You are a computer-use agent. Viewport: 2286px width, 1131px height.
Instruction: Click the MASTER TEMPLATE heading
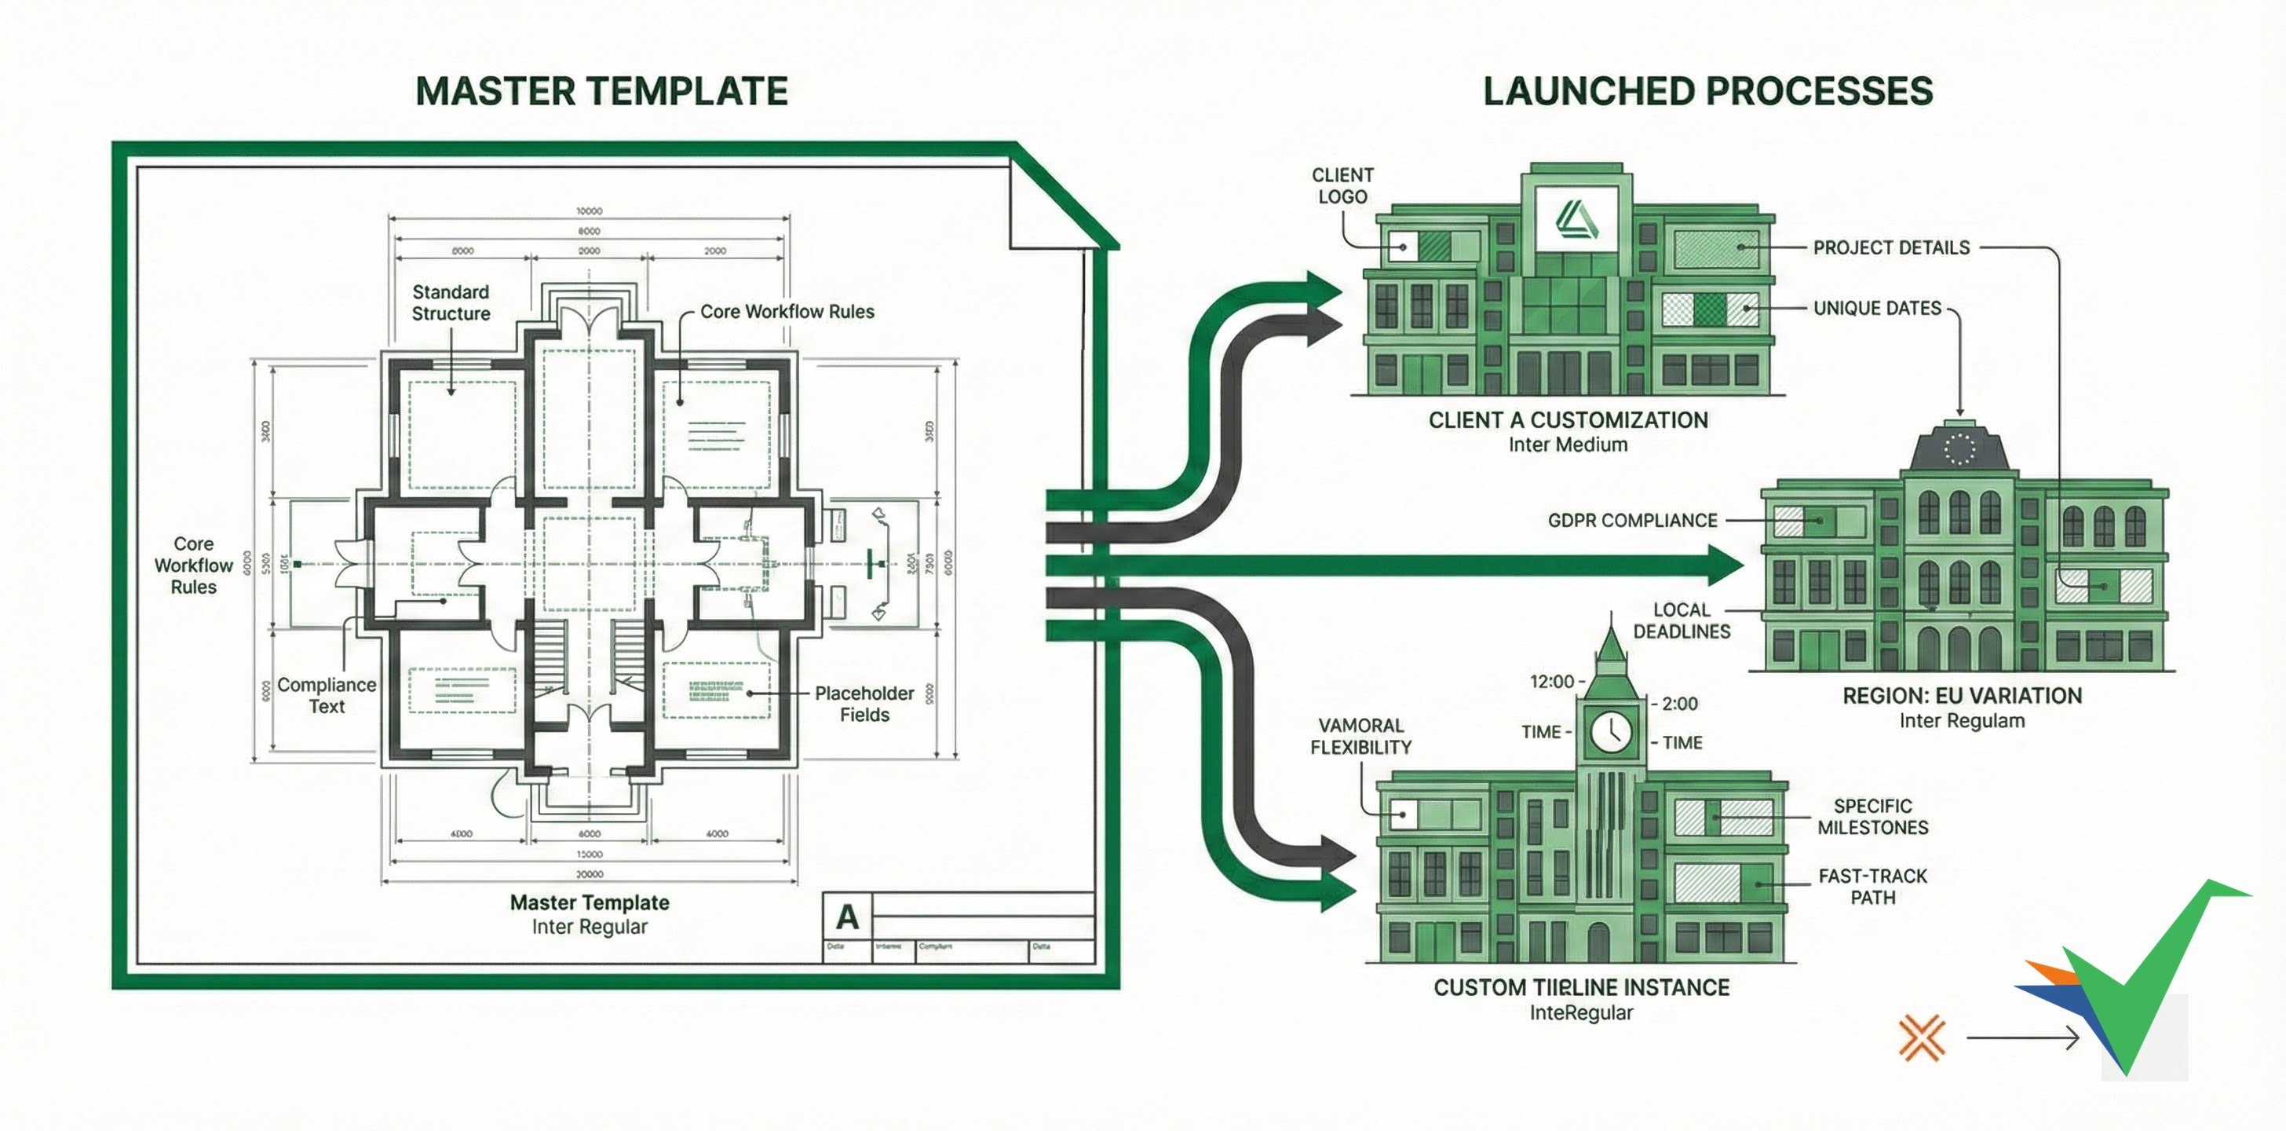(x=601, y=91)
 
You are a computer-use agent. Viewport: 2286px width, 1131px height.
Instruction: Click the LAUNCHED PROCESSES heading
(x=1707, y=91)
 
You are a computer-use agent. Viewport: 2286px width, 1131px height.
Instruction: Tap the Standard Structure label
(x=451, y=302)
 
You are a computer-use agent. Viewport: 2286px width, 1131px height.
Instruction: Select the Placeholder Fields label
(x=864, y=704)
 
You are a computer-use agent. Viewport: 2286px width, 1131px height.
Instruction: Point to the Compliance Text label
(x=327, y=695)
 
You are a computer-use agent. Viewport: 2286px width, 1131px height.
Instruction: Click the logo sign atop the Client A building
(x=1577, y=219)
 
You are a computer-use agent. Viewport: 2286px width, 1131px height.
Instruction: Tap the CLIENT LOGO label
(x=1342, y=185)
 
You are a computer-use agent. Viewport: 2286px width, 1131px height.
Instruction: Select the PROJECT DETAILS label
(x=1890, y=247)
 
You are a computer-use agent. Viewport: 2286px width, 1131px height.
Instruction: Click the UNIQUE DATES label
(x=1876, y=308)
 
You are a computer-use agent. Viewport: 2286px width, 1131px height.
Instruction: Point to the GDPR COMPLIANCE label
(x=1632, y=520)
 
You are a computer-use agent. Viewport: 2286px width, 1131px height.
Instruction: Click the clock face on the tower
(x=1610, y=731)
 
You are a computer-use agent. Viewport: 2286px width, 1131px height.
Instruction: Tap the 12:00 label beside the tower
(x=1551, y=682)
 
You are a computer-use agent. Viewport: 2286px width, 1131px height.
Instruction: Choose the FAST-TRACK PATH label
(x=1872, y=887)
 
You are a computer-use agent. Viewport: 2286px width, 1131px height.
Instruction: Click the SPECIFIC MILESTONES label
(x=1872, y=817)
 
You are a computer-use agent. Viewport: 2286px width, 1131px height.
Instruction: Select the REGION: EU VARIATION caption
(x=1961, y=696)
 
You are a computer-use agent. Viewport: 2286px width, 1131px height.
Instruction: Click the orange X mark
(x=1921, y=1038)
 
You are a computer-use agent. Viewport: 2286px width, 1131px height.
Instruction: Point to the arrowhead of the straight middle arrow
(x=1726, y=565)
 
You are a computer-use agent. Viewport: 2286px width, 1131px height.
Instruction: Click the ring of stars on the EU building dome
(x=1959, y=449)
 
